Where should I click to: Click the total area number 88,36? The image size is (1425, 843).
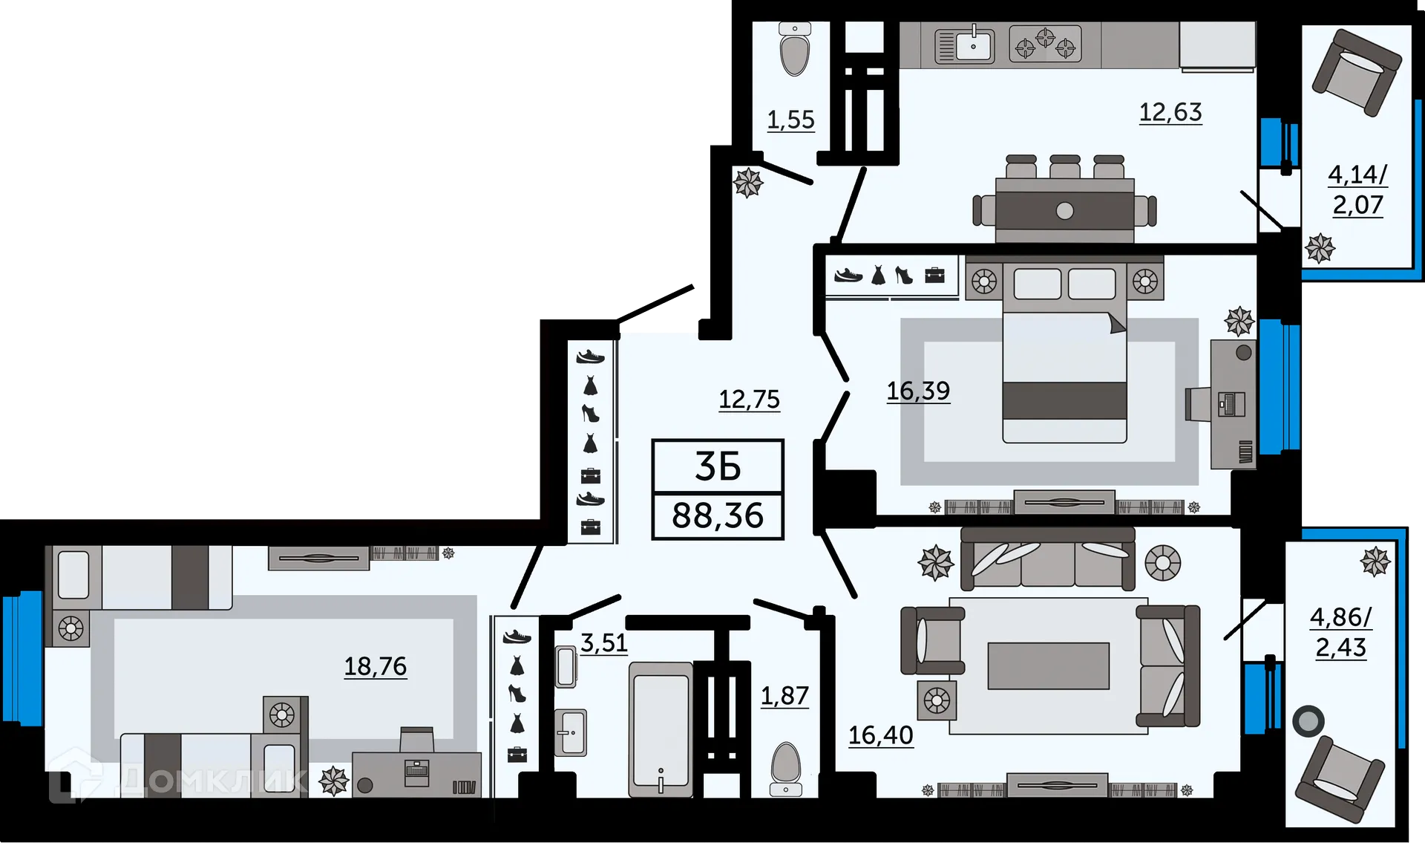[x=718, y=515]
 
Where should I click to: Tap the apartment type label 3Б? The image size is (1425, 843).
[x=718, y=466]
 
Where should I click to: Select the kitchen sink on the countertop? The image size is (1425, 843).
[x=965, y=46]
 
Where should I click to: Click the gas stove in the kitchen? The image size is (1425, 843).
[x=1045, y=44]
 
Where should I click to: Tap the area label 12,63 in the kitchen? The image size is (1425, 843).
[x=1170, y=112]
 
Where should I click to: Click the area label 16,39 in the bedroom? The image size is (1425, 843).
[x=918, y=391]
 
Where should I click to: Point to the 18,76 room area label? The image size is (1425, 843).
[x=375, y=666]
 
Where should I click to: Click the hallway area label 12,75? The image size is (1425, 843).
[x=749, y=400]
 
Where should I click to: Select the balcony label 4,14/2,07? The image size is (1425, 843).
[x=1357, y=189]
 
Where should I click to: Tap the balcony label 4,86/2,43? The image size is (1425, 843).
[x=1340, y=632]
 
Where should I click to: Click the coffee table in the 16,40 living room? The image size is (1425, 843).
[x=1048, y=666]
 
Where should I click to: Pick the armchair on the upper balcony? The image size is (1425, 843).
[x=1357, y=73]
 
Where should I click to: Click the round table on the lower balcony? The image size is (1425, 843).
[x=1308, y=721]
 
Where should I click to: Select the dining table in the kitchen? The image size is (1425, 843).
[x=1064, y=210]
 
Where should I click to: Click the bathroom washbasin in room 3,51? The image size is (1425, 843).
[x=570, y=732]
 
